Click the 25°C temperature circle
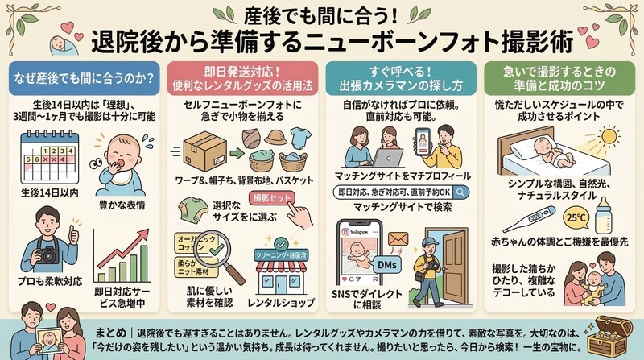point(553,217)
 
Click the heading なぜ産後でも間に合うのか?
point(83,80)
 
